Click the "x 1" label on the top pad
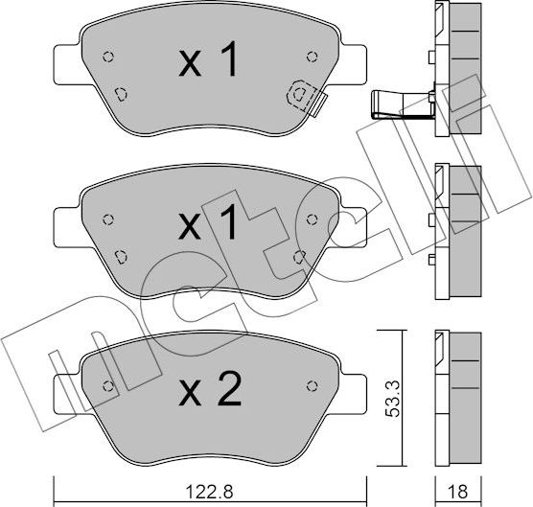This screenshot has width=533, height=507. (x=208, y=63)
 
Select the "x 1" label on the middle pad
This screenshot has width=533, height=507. (x=208, y=226)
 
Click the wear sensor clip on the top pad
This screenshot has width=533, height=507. (x=305, y=95)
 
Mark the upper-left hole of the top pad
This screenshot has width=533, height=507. (x=107, y=55)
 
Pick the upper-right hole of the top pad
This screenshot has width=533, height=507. (x=309, y=55)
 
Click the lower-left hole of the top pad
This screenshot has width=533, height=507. (x=120, y=93)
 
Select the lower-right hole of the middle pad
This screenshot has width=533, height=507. (x=299, y=256)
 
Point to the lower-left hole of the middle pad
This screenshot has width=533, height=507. (x=120, y=256)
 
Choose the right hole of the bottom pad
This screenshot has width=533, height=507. (x=310, y=385)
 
